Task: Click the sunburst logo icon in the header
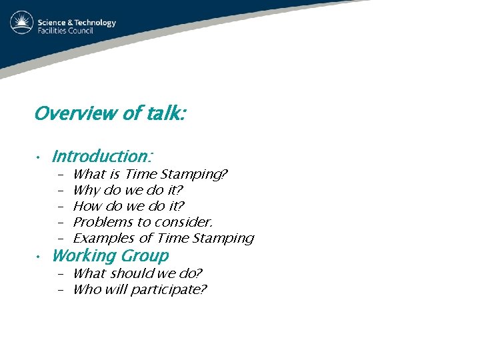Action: pos(22,23)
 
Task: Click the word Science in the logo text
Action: pos(53,22)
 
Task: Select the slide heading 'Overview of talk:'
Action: pos(110,114)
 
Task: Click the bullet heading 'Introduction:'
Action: pos(102,157)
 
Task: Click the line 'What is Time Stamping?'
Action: pos(150,174)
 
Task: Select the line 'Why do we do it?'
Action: pos(127,190)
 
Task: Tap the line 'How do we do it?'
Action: pos(128,206)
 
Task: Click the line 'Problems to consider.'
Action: pos(143,222)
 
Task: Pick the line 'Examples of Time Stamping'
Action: pos(163,238)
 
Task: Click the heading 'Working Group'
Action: pos(110,256)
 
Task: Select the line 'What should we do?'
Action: pos(137,273)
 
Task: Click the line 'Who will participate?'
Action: pos(140,289)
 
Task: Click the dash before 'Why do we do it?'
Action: pos(60,191)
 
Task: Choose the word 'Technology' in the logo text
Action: pos(94,22)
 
